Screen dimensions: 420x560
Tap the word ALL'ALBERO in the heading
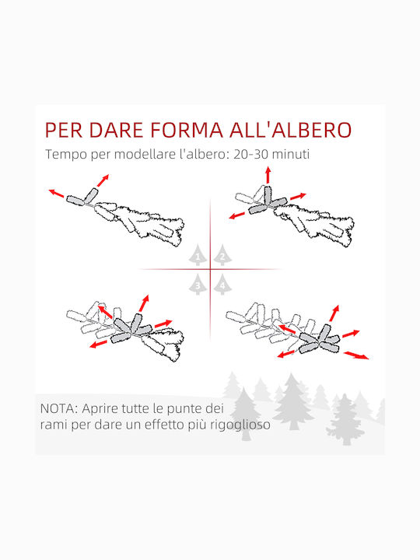[x=290, y=130]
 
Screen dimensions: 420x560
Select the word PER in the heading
[x=63, y=130]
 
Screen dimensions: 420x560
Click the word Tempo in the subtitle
[x=66, y=155]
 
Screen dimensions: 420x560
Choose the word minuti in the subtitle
[x=290, y=154]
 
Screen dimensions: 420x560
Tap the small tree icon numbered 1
[x=198, y=255]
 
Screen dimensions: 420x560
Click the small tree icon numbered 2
[x=222, y=255]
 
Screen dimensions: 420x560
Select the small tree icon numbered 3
[x=198, y=285]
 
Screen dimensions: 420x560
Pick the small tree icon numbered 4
[x=222, y=285]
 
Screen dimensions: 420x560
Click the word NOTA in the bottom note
[x=58, y=408]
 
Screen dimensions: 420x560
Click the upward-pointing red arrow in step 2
[x=268, y=175]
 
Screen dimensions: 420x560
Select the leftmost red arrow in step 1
[x=56, y=193]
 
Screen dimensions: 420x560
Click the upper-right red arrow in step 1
[x=103, y=180]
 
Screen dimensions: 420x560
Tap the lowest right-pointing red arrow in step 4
[x=356, y=355]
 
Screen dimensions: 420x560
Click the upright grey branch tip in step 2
[x=268, y=195]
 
